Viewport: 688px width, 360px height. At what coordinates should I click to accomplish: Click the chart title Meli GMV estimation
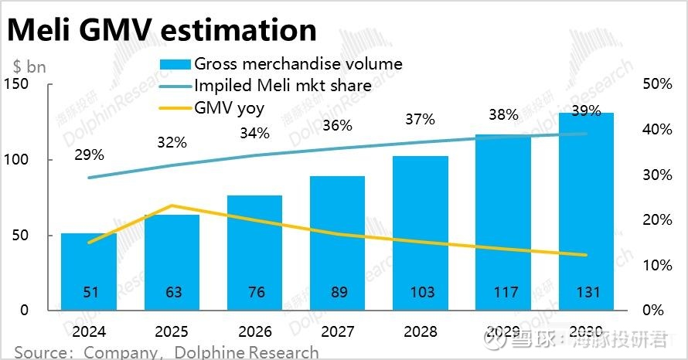162,29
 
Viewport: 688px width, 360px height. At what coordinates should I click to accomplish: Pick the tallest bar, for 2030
586,209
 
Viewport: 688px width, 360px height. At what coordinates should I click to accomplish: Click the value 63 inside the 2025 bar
172,292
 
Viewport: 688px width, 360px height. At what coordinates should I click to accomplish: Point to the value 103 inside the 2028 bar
420,292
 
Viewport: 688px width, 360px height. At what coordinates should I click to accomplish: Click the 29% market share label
89,155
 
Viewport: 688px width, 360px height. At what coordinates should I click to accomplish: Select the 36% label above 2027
337,125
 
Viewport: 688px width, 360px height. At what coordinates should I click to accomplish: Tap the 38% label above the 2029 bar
503,114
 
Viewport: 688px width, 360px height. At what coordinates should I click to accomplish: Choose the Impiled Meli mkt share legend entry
282,86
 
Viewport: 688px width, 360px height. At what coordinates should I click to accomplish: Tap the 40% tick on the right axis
657,129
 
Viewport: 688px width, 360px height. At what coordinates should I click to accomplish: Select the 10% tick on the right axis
657,265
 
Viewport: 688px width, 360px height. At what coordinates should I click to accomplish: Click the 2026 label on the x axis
254,331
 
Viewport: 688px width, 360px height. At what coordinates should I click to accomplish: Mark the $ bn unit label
29,66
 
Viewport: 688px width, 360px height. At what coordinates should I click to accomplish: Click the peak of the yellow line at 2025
172,205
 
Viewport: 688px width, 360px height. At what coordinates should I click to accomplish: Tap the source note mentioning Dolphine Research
166,352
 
